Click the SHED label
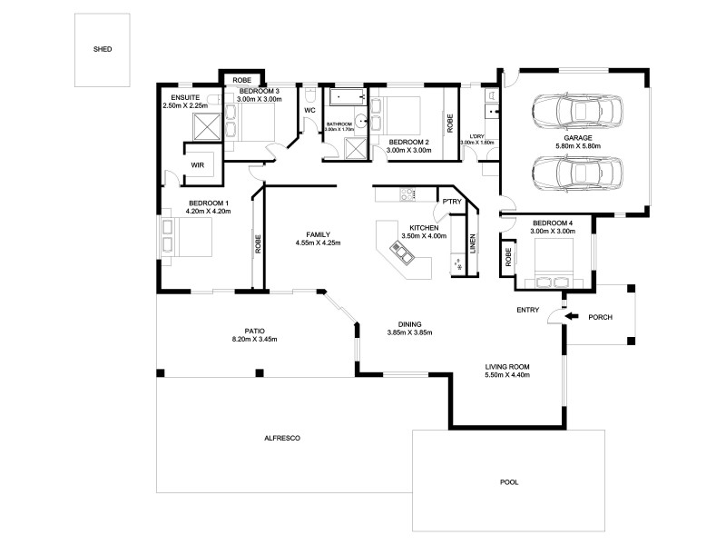[x=103, y=49]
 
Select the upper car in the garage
[x=576, y=113]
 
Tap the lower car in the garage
[x=576, y=171]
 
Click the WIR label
[x=197, y=165]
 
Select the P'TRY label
[x=450, y=202]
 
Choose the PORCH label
[x=601, y=317]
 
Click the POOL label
[x=510, y=482]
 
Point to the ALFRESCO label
[x=281, y=438]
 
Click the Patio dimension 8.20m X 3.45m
[x=254, y=339]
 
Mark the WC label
[x=309, y=111]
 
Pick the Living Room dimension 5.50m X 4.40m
[x=507, y=374]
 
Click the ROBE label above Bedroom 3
[x=241, y=80]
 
